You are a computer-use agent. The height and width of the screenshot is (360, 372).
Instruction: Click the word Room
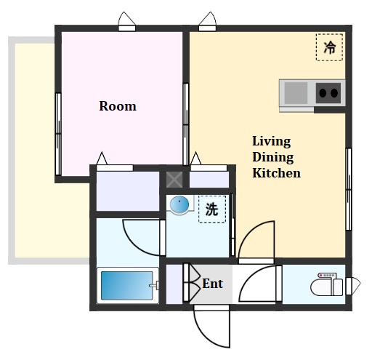pos(118,106)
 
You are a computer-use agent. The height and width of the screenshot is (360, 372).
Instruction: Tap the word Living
pos(272,142)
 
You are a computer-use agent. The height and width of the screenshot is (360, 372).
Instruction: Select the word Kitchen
pos(277,173)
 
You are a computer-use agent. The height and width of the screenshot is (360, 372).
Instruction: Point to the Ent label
pos(213,284)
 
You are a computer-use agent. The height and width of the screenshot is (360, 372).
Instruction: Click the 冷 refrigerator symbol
pos(329,47)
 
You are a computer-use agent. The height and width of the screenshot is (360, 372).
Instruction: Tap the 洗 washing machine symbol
pos(212,209)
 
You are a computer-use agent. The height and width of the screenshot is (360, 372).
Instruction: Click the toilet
pos(327,284)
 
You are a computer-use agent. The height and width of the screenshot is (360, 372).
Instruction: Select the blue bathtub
pos(127,286)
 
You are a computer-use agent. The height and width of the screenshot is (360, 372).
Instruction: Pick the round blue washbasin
pos(179,204)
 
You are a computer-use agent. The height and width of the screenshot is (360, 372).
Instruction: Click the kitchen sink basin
pos(296,93)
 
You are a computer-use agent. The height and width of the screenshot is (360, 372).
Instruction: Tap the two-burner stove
pos(328,93)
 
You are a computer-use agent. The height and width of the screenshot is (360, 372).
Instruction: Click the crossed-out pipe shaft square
pos(174,180)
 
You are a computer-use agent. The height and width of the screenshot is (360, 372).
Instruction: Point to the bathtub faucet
pos(154,285)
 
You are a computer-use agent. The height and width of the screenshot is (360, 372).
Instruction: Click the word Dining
pos(273,158)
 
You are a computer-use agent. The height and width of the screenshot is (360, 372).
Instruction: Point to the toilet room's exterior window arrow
pos(353,286)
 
